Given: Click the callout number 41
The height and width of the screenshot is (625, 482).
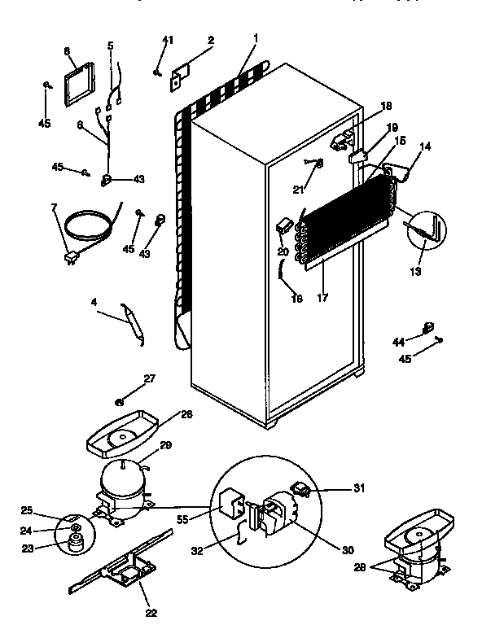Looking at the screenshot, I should (x=168, y=40).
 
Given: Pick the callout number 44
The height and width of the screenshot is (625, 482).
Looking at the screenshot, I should (x=398, y=341).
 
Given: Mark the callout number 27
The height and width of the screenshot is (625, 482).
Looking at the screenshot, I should (x=148, y=378).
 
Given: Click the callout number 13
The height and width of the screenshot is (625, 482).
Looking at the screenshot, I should (x=415, y=272).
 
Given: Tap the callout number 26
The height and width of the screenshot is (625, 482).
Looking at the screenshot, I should (x=187, y=413).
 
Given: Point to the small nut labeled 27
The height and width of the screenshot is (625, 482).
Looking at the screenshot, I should (x=120, y=400).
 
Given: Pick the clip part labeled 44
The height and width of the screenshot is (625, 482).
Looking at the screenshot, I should (x=425, y=328).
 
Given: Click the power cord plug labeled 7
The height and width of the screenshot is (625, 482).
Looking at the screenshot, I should (x=72, y=258).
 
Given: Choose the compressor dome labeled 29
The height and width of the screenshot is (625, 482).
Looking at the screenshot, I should (x=121, y=480).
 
